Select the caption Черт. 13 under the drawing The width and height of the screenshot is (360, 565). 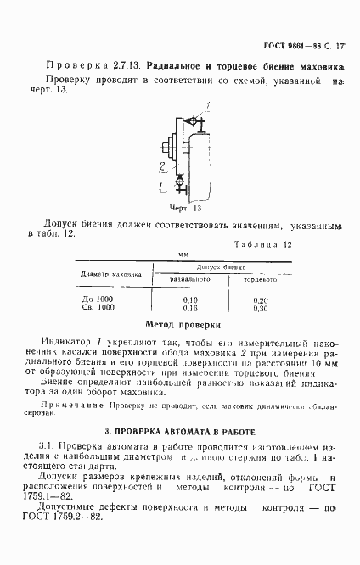[x=183, y=207]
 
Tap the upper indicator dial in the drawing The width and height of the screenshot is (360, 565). [x=199, y=123]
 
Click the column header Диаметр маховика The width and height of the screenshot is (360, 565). [x=110, y=274]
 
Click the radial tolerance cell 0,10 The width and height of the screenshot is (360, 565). [x=190, y=299]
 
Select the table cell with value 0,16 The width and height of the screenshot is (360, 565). [x=190, y=308]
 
